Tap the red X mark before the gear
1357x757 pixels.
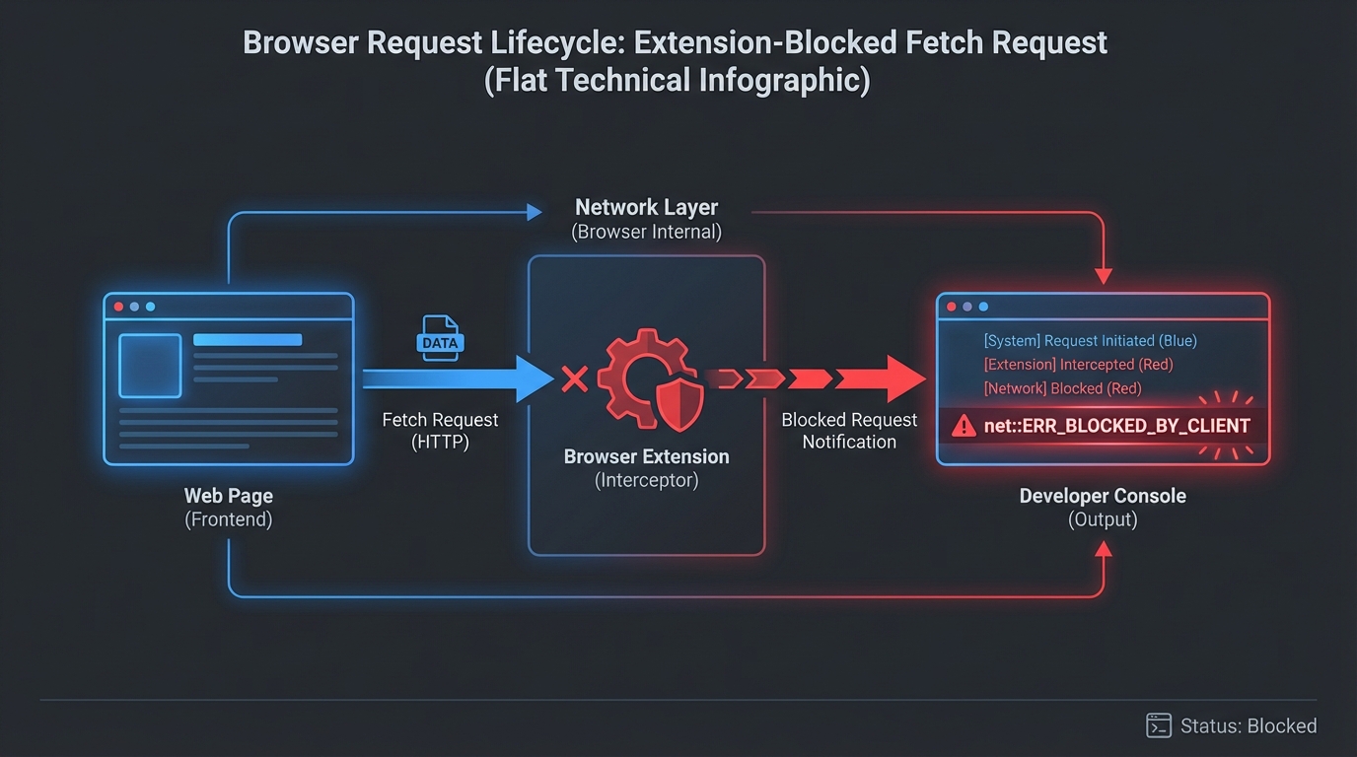(x=574, y=378)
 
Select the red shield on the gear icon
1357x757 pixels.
(x=679, y=403)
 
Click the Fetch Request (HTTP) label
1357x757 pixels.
(x=440, y=431)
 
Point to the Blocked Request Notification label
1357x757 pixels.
(x=849, y=431)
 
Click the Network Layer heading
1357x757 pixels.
(x=646, y=208)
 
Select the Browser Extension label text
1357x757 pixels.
(x=646, y=457)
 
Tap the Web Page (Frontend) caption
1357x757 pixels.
(x=228, y=508)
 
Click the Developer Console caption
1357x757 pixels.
(x=1102, y=497)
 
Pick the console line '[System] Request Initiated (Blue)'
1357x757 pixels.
(x=1090, y=341)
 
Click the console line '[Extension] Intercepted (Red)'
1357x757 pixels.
(x=1078, y=365)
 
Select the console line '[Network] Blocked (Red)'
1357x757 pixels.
(x=1062, y=388)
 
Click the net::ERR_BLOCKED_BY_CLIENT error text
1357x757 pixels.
(x=1116, y=426)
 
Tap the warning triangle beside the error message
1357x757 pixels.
(x=963, y=426)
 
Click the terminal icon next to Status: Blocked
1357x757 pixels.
(x=1158, y=726)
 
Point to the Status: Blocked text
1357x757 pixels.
(x=1249, y=726)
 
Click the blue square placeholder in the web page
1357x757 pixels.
(x=150, y=365)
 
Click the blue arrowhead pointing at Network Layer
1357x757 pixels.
(x=535, y=212)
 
